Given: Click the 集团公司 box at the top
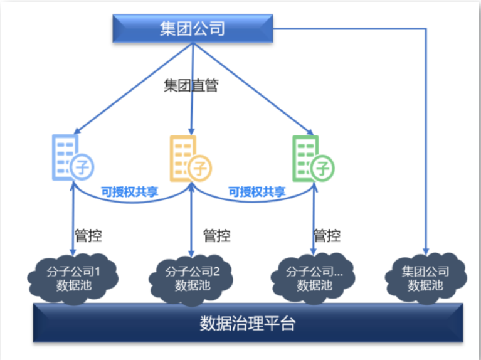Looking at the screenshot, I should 193,29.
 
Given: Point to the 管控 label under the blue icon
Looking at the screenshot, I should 88,236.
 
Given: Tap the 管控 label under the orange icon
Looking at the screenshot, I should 216,236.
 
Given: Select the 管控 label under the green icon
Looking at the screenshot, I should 327,236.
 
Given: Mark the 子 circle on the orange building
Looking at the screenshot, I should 200,167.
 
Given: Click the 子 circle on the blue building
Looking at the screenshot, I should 82,167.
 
